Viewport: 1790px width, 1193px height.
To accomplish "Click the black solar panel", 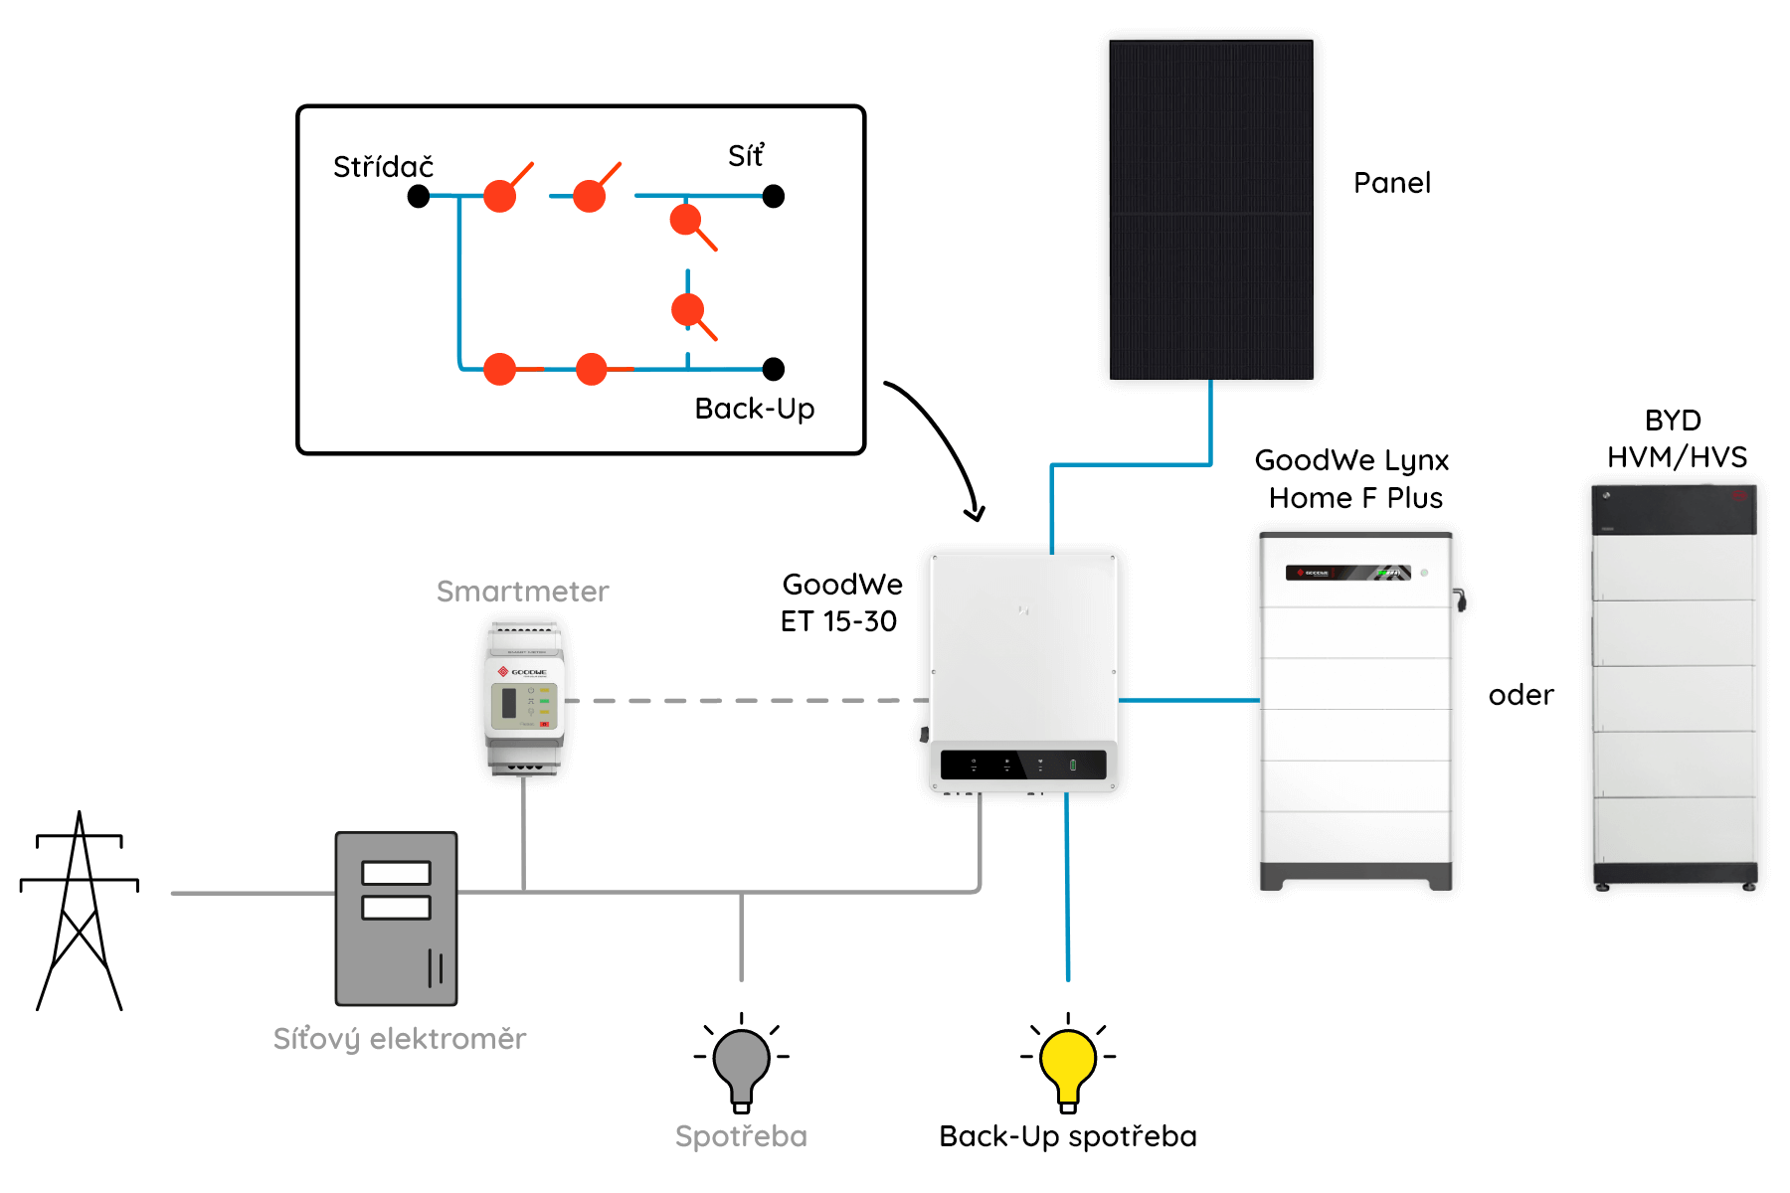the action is pyautogui.click(x=1211, y=210).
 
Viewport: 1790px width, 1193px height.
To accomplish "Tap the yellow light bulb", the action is pyautogui.click(x=1068, y=1069).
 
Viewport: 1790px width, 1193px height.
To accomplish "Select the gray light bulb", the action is pyautogui.click(x=741, y=1069).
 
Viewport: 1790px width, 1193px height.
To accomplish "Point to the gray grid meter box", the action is pyautogui.click(x=396, y=919).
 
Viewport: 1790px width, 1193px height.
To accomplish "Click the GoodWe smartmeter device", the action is pyautogui.click(x=524, y=698).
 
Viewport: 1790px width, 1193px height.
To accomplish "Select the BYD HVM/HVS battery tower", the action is pyautogui.click(x=1675, y=688).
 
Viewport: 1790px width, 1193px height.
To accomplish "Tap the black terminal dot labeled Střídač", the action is pyautogui.click(x=419, y=197).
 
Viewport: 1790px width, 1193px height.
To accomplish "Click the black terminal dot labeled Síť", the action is pyautogui.click(x=774, y=196).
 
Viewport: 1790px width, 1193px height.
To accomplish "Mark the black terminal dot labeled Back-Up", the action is pyautogui.click(x=774, y=369).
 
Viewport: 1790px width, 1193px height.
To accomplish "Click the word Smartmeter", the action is pyautogui.click(x=522, y=592).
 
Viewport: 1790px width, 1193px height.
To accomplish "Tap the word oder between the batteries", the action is pyautogui.click(x=1521, y=695).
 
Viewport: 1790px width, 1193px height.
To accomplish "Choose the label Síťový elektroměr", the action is pyautogui.click(x=400, y=1039).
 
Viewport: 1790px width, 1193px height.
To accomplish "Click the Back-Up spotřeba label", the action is pyautogui.click(x=1068, y=1136).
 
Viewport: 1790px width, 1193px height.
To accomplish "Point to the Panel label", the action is pyautogui.click(x=1392, y=183).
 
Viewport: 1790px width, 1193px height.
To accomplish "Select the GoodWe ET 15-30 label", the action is pyautogui.click(x=841, y=602).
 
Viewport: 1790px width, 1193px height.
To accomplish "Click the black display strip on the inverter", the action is pyautogui.click(x=1023, y=765).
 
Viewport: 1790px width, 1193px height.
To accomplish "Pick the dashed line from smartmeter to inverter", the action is pyautogui.click(x=747, y=701).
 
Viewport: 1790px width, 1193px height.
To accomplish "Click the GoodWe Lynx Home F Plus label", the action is pyautogui.click(x=1352, y=478).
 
